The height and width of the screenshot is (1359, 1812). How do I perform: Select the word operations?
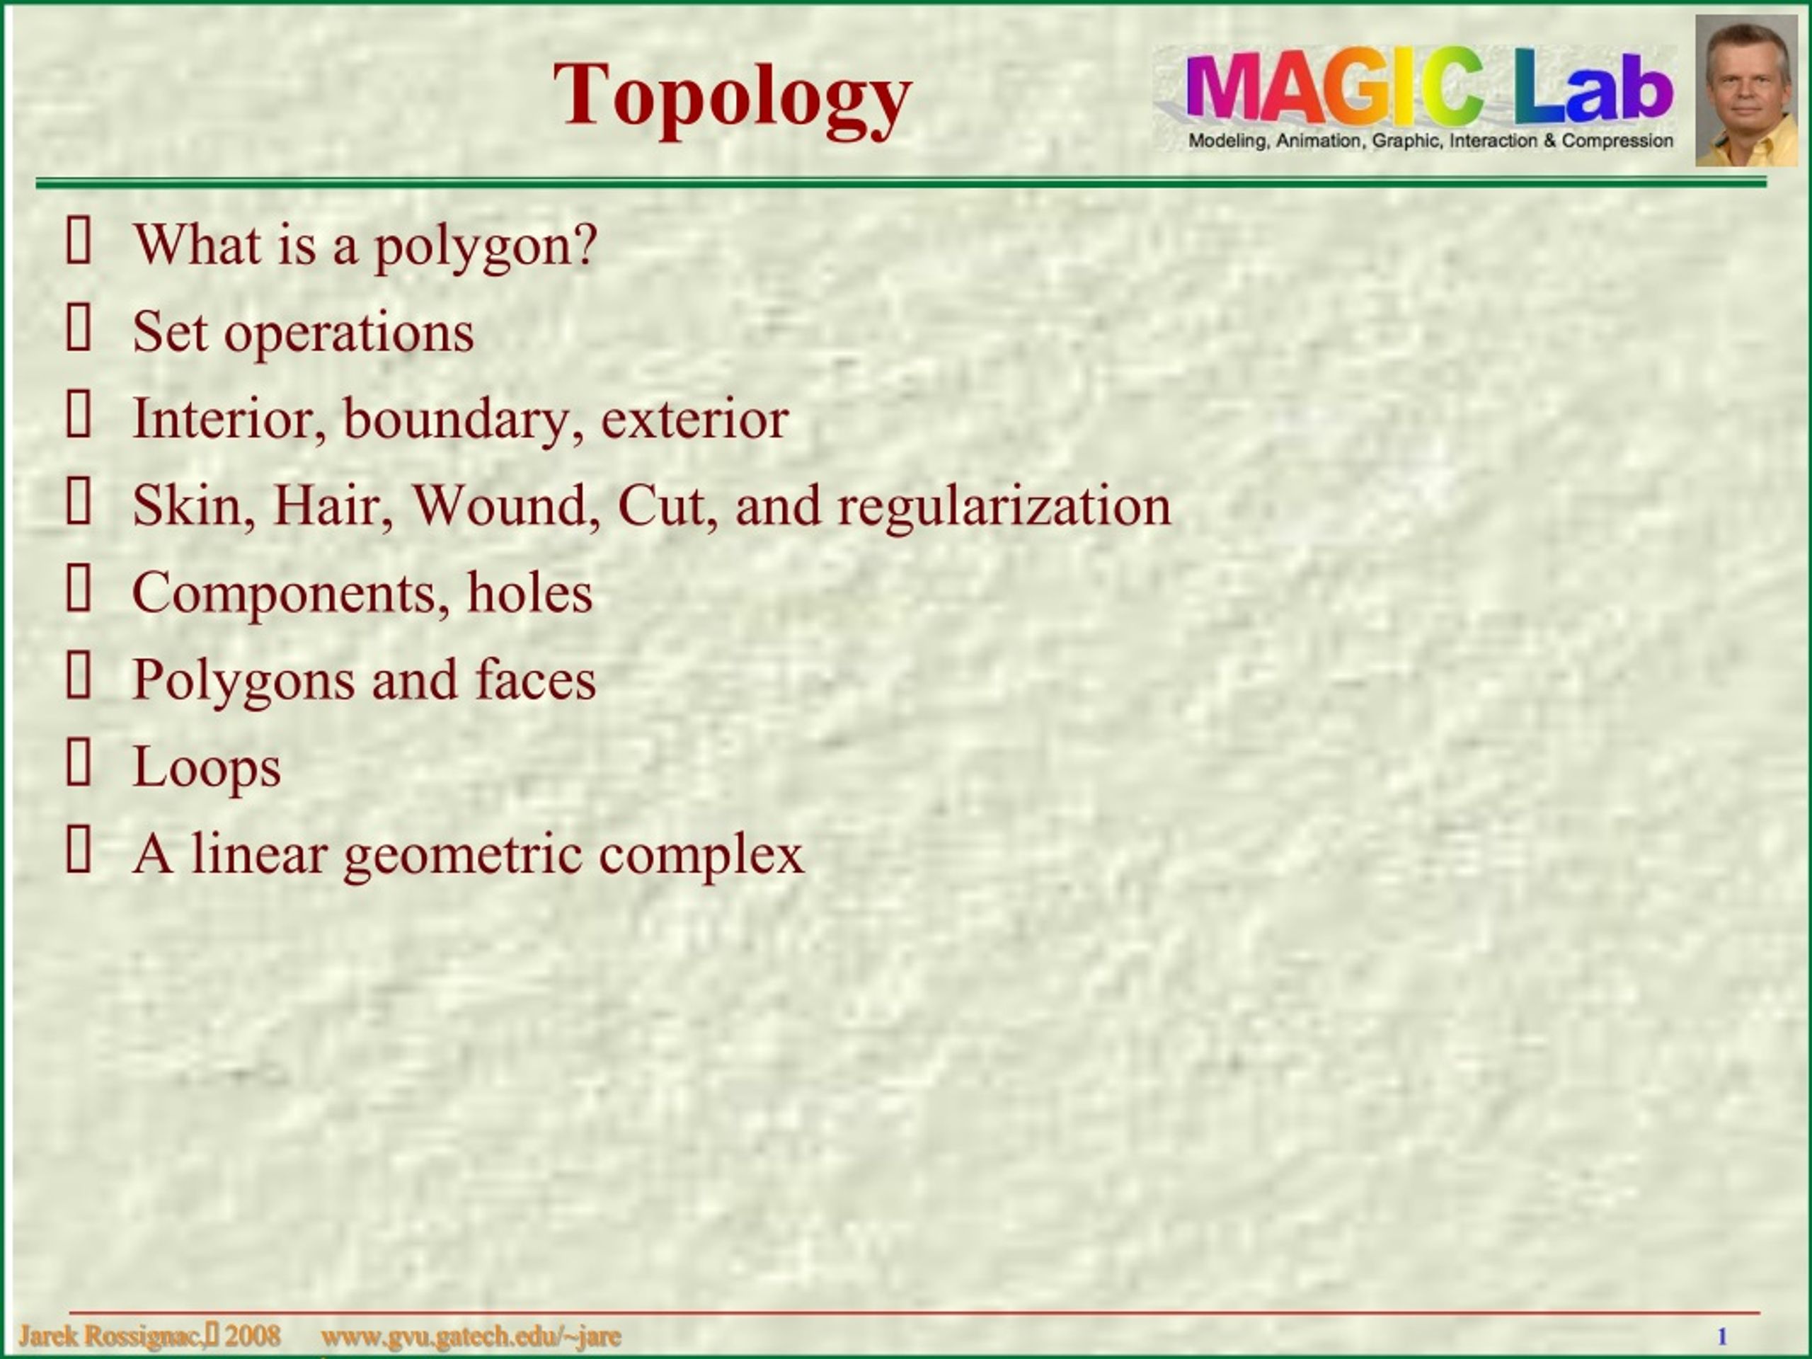coord(349,334)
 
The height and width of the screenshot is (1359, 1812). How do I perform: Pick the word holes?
coord(530,592)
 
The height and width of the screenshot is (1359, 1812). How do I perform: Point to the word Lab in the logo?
coord(1594,88)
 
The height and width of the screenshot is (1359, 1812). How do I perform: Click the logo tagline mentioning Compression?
coord(1430,141)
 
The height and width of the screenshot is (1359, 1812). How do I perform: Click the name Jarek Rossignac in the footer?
coord(110,1336)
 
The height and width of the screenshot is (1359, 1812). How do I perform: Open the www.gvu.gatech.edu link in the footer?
coord(471,1337)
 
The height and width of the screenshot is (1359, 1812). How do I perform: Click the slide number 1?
coord(1722,1337)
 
